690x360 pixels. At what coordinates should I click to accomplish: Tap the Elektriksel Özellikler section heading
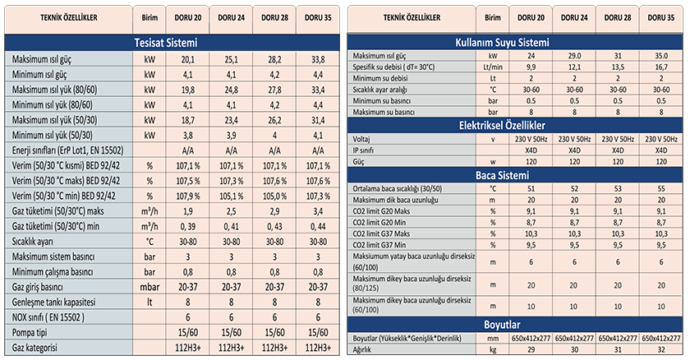click(x=514, y=125)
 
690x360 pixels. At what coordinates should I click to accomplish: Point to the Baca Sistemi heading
click(x=514, y=174)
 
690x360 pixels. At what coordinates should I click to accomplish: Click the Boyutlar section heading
click(x=514, y=324)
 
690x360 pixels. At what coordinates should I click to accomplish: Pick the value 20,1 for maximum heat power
click(x=187, y=60)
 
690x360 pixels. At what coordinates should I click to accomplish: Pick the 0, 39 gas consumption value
click(x=187, y=225)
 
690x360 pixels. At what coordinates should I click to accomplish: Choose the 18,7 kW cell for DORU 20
click(x=187, y=120)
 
